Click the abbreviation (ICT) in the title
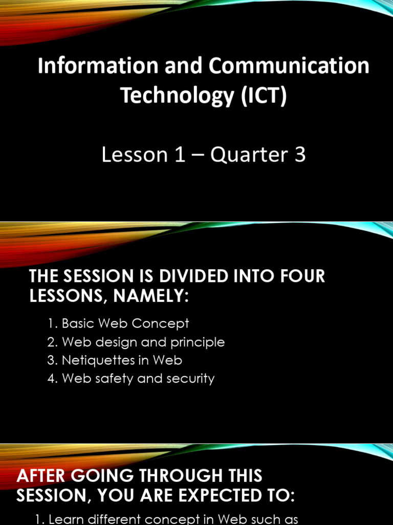[x=264, y=96]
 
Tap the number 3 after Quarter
[x=300, y=154]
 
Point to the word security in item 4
[x=193, y=379]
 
